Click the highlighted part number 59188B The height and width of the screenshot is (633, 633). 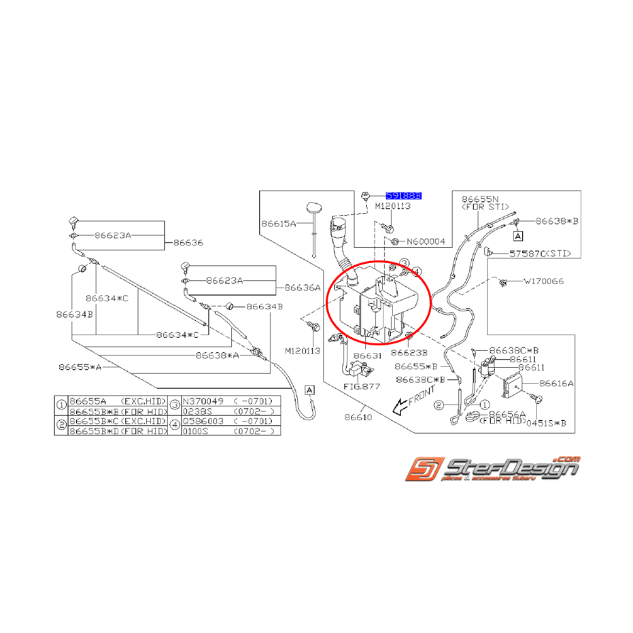click(x=404, y=195)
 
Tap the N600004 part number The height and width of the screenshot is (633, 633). click(x=426, y=241)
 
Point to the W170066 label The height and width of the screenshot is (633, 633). click(x=544, y=280)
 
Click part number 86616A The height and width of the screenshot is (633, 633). click(x=557, y=383)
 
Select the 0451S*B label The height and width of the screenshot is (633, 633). click(x=553, y=423)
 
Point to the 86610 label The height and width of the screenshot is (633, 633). click(x=358, y=417)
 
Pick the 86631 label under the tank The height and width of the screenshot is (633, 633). click(x=367, y=356)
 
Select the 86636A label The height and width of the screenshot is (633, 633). click(x=303, y=288)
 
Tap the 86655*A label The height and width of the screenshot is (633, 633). click(x=80, y=366)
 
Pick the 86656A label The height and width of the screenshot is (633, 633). click(x=507, y=413)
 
